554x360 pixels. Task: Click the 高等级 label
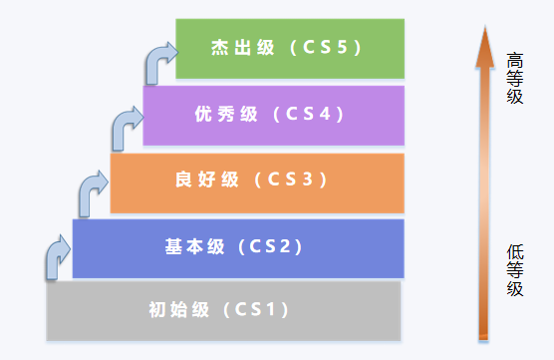click(x=514, y=78)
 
